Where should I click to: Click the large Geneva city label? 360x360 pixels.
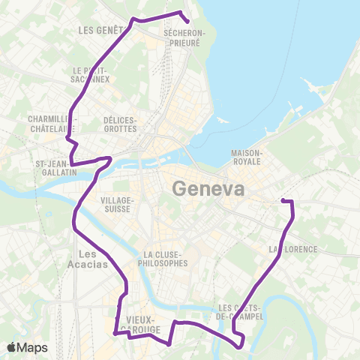click(x=208, y=188)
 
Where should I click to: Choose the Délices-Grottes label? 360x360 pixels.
click(x=120, y=124)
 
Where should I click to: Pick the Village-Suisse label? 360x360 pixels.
click(x=117, y=205)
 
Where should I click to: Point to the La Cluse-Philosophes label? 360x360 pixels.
click(x=163, y=259)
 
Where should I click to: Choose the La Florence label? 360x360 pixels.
click(x=293, y=248)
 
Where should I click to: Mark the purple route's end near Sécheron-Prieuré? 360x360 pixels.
click(x=186, y=22)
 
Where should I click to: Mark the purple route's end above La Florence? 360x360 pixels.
click(x=283, y=199)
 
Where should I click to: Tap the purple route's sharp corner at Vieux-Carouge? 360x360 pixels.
click(x=114, y=334)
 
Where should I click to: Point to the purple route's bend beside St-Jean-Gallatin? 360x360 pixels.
click(x=110, y=158)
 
